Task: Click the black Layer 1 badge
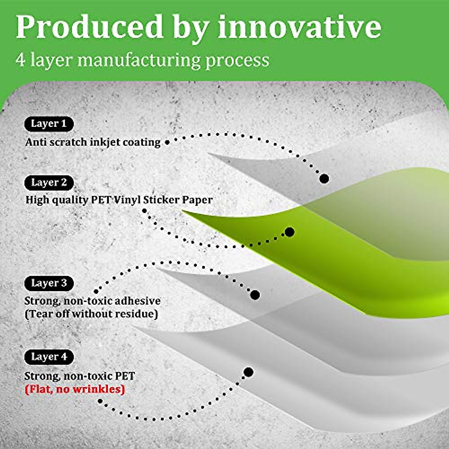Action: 49,124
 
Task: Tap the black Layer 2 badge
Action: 49,183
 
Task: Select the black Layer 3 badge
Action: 49,283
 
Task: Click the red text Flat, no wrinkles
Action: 75,390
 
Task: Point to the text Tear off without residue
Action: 91,314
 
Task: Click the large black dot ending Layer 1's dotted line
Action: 324,178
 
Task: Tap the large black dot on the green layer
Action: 289,232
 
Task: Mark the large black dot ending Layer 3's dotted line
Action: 255,295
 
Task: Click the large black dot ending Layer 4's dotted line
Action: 248,372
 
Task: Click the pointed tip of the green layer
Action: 183,212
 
